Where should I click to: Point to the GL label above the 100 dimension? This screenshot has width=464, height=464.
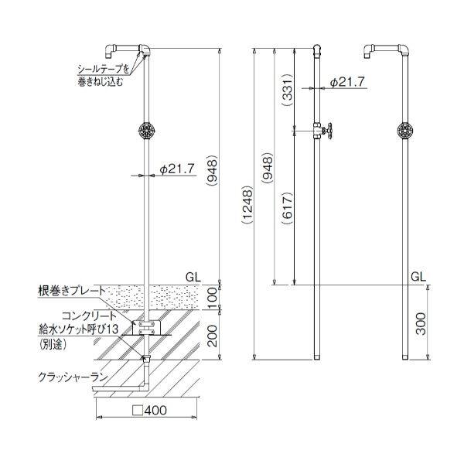point(195,275)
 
